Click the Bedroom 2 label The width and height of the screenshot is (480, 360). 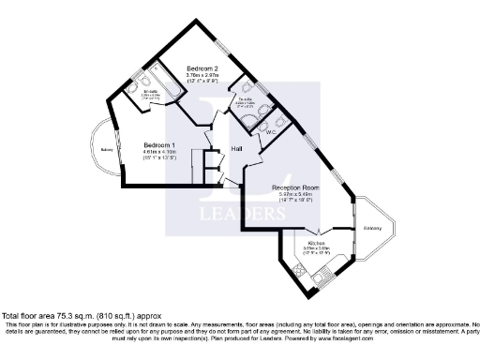(x=202, y=69)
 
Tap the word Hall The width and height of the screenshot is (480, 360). (x=238, y=149)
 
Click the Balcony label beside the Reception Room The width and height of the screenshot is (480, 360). (x=373, y=228)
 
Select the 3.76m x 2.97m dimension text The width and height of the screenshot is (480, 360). (x=202, y=78)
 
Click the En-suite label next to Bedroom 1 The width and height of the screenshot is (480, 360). (x=150, y=93)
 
